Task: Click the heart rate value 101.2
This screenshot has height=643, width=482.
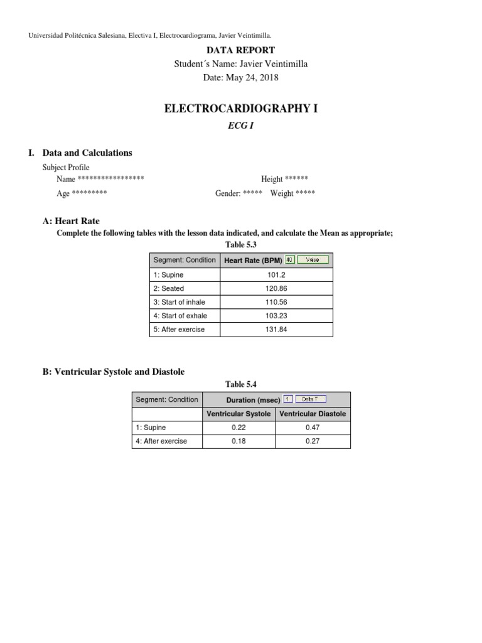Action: tap(276, 275)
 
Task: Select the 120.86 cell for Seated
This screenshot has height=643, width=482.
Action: tap(276, 289)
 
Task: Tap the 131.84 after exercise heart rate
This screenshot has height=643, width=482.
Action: tap(276, 330)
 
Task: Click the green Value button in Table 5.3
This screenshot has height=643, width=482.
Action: tap(313, 259)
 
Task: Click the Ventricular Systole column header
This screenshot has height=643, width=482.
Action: tap(239, 414)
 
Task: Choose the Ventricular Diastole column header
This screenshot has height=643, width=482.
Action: tap(313, 414)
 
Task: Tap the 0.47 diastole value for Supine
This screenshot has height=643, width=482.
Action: tap(313, 428)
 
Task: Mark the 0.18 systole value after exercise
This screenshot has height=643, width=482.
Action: tap(239, 441)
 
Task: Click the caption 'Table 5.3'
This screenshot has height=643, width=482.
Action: tap(241, 245)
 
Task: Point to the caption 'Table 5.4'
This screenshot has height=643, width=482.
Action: tap(241, 384)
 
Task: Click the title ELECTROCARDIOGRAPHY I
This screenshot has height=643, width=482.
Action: tap(240, 109)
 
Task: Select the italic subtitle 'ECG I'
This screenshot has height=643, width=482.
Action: tap(240, 125)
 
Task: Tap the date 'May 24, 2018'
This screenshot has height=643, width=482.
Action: tap(254, 78)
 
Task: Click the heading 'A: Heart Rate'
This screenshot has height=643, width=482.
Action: tap(71, 221)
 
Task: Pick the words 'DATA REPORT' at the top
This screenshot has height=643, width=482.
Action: tap(240, 50)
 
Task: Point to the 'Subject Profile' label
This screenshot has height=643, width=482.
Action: tap(66, 168)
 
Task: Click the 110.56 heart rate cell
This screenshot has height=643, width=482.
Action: tap(276, 302)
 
